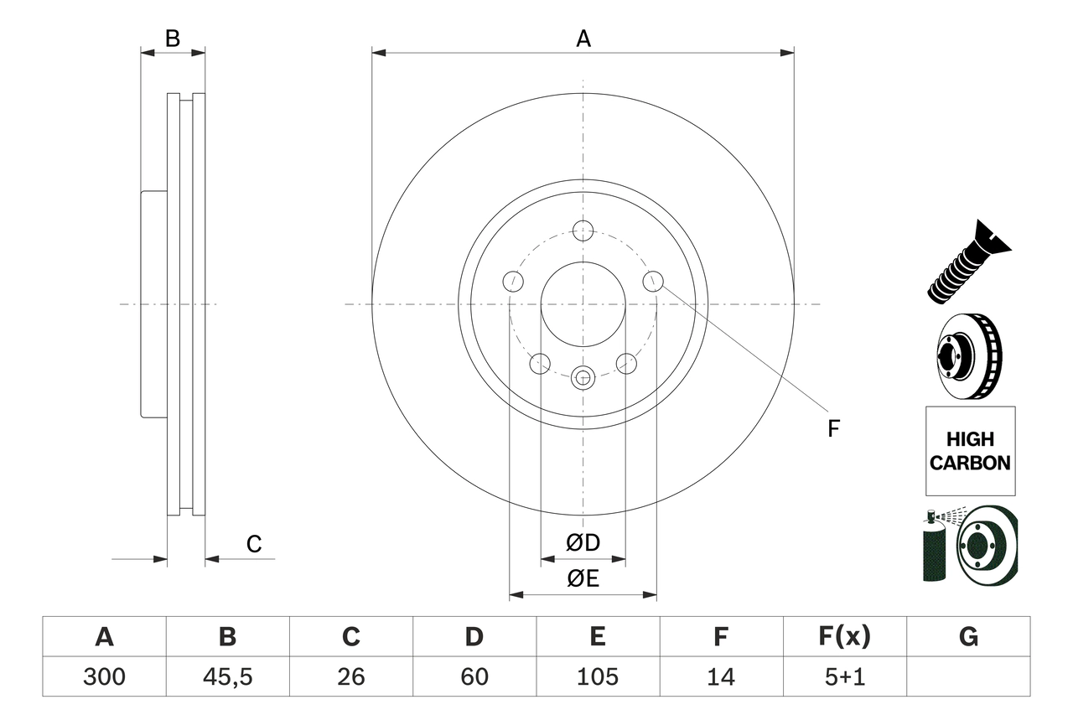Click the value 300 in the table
(104, 676)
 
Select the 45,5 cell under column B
(227, 676)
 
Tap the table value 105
(597, 676)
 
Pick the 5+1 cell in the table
(844, 676)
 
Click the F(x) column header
(844, 637)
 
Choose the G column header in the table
(968, 637)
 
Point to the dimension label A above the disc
(583, 39)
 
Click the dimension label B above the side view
(172, 39)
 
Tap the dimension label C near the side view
(254, 545)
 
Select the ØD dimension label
(583, 543)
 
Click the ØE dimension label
(583, 579)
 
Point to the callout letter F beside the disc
(833, 428)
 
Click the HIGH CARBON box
(970, 451)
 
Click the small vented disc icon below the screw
(969, 359)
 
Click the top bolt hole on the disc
(583, 231)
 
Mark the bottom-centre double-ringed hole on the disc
(583, 377)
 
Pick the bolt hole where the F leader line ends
(653, 282)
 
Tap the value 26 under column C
(350, 676)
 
